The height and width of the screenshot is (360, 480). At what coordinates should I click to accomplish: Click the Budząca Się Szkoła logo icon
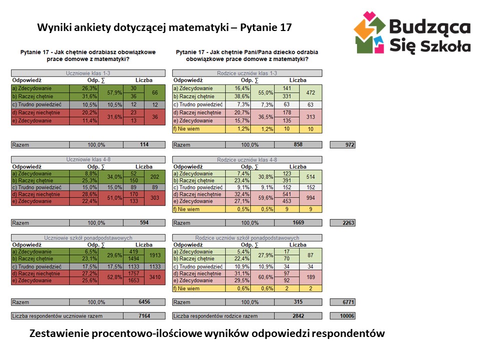tap(370, 32)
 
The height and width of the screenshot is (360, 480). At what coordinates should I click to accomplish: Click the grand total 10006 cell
tap(343, 316)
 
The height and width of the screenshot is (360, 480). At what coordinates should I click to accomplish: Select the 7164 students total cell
tap(144, 316)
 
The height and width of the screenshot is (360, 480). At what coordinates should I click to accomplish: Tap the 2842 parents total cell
tap(298, 316)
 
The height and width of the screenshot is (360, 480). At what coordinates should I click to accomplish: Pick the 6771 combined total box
tap(343, 302)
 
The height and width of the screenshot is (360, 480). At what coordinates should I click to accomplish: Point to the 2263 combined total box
tap(343, 223)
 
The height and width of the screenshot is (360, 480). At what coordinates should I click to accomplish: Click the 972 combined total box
tap(343, 145)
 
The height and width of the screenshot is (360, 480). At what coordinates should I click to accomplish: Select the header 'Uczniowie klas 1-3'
tap(88, 73)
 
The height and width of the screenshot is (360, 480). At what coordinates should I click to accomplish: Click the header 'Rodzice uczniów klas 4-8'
tap(247, 160)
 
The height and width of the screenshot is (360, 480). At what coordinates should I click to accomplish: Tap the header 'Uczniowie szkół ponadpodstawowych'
tap(88, 238)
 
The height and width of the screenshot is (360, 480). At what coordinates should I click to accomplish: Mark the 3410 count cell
tap(154, 277)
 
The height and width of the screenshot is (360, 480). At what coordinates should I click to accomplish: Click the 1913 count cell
tap(154, 255)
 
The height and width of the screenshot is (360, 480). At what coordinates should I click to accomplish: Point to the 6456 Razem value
tap(144, 302)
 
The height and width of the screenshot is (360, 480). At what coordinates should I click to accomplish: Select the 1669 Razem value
tap(298, 223)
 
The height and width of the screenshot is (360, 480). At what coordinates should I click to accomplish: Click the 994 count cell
tap(310, 199)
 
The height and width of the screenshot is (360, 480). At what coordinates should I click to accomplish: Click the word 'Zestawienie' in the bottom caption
tap(59, 333)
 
